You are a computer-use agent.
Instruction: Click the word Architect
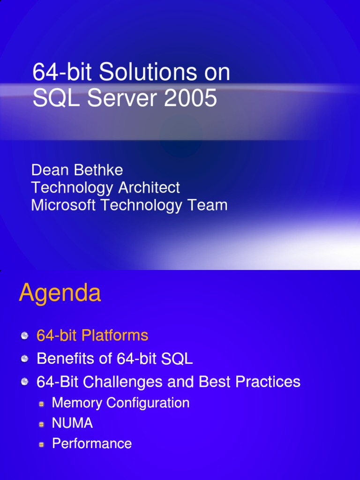149,188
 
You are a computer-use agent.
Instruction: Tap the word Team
207,205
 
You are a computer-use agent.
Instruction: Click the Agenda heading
60,294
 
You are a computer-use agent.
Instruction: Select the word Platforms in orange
115,336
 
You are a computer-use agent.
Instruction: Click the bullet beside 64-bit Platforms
24,336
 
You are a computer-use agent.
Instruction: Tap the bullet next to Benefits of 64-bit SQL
24,359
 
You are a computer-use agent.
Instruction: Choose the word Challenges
123,382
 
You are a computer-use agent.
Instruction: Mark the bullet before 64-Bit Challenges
24,382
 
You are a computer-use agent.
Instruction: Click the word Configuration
148,403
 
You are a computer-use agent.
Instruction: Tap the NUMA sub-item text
72,423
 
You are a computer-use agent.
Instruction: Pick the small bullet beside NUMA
42,424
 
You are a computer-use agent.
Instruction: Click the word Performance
92,443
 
